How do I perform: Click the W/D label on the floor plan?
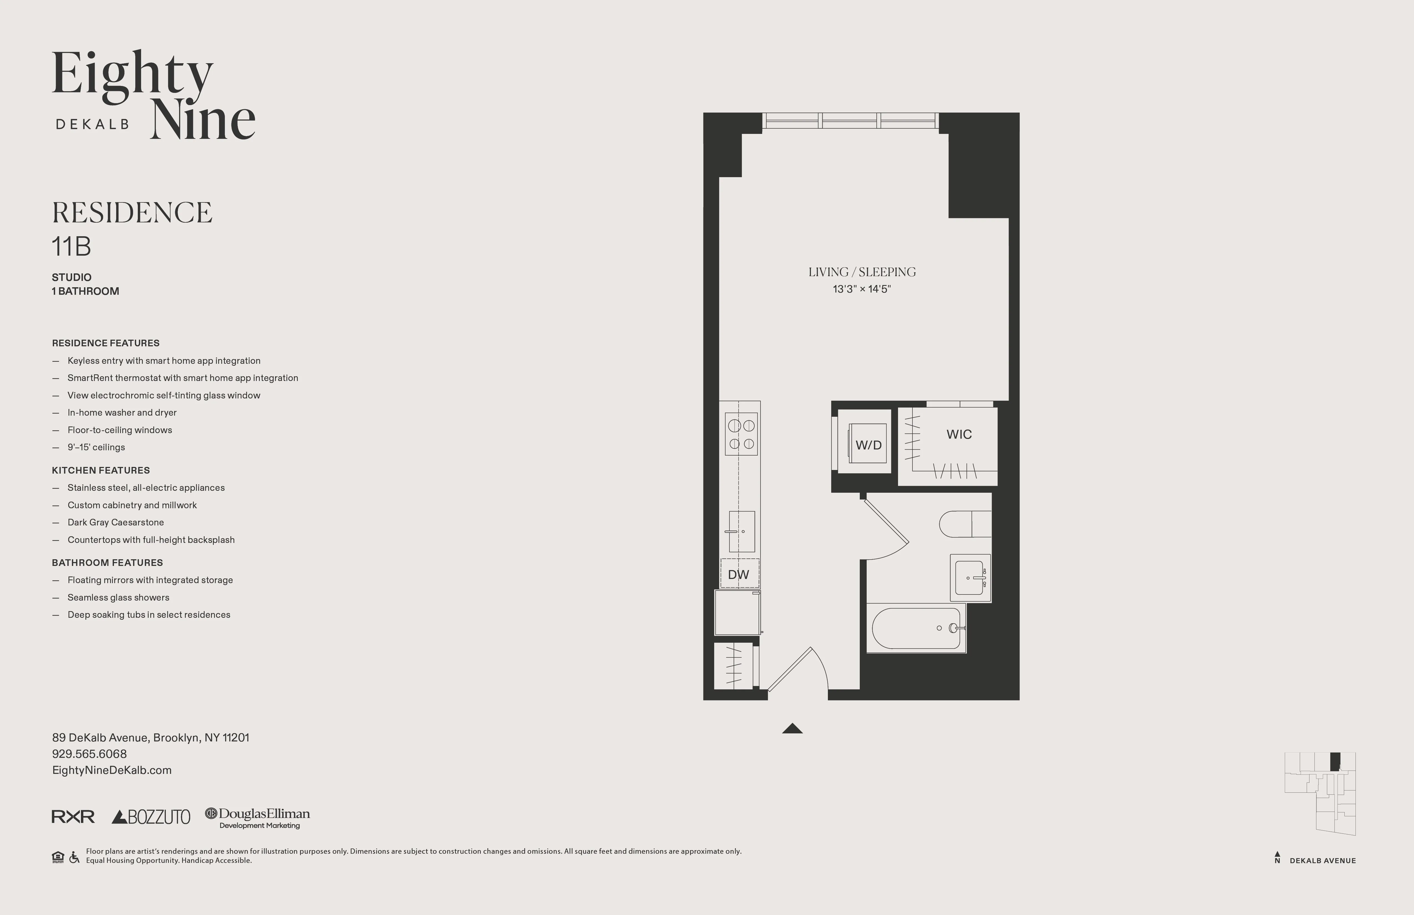[x=868, y=445]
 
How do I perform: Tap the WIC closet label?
[x=959, y=434]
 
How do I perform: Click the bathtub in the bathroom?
[x=915, y=628]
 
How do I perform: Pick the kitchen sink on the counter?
[x=741, y=531]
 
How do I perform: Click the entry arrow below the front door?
[x=792, y=728]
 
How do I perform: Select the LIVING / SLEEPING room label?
[x=861, y=272]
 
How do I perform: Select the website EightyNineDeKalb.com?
[x=112, y=770]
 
